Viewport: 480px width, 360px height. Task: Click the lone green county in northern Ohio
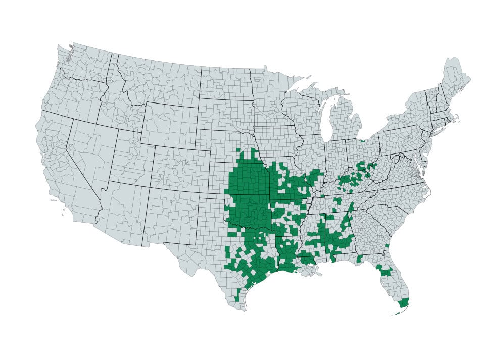(362, 141)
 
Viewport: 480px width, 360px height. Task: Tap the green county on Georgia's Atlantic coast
(387, 246)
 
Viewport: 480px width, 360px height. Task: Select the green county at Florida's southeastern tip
(403, 303)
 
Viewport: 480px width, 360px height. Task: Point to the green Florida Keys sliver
(397, 313)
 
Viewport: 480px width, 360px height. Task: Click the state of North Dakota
(225, 83)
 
